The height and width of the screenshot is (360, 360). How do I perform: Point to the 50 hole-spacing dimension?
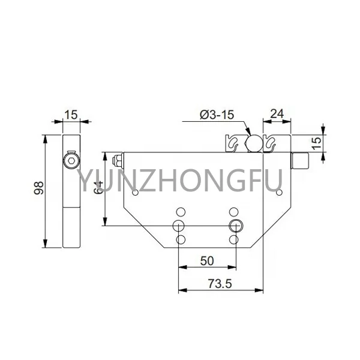tap(208, 261)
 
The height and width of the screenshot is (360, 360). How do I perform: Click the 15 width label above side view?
tap(71, 114)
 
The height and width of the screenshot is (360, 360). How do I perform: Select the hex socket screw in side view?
tap(71, 161)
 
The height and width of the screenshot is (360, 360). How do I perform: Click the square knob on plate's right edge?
tap(299, 160)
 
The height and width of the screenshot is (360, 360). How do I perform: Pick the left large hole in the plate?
tap(179, 226)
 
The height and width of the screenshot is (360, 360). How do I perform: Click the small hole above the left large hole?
tap(179, 212)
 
